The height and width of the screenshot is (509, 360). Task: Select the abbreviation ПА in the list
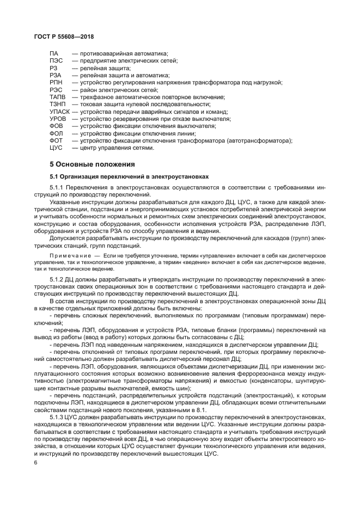tap(53, 54)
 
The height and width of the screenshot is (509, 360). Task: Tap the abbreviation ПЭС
tap(56, 61)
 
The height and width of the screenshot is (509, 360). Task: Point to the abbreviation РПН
tap(56, 82)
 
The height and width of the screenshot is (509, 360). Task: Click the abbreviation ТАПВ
tap(58, 96)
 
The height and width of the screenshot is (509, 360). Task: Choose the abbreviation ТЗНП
tap(58, 103)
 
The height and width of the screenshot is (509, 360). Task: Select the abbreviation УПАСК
tap(60, 111)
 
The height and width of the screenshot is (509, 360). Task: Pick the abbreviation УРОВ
tap(58, 118)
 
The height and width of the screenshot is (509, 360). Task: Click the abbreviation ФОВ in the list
tap(56, 125)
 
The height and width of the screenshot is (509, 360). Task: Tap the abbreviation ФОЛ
tap(56, 133)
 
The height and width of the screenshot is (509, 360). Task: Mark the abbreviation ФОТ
tap(56, 140)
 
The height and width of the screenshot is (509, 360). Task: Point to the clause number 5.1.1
tap(57, 187)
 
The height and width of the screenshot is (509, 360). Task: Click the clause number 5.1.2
tap(57, 279)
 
